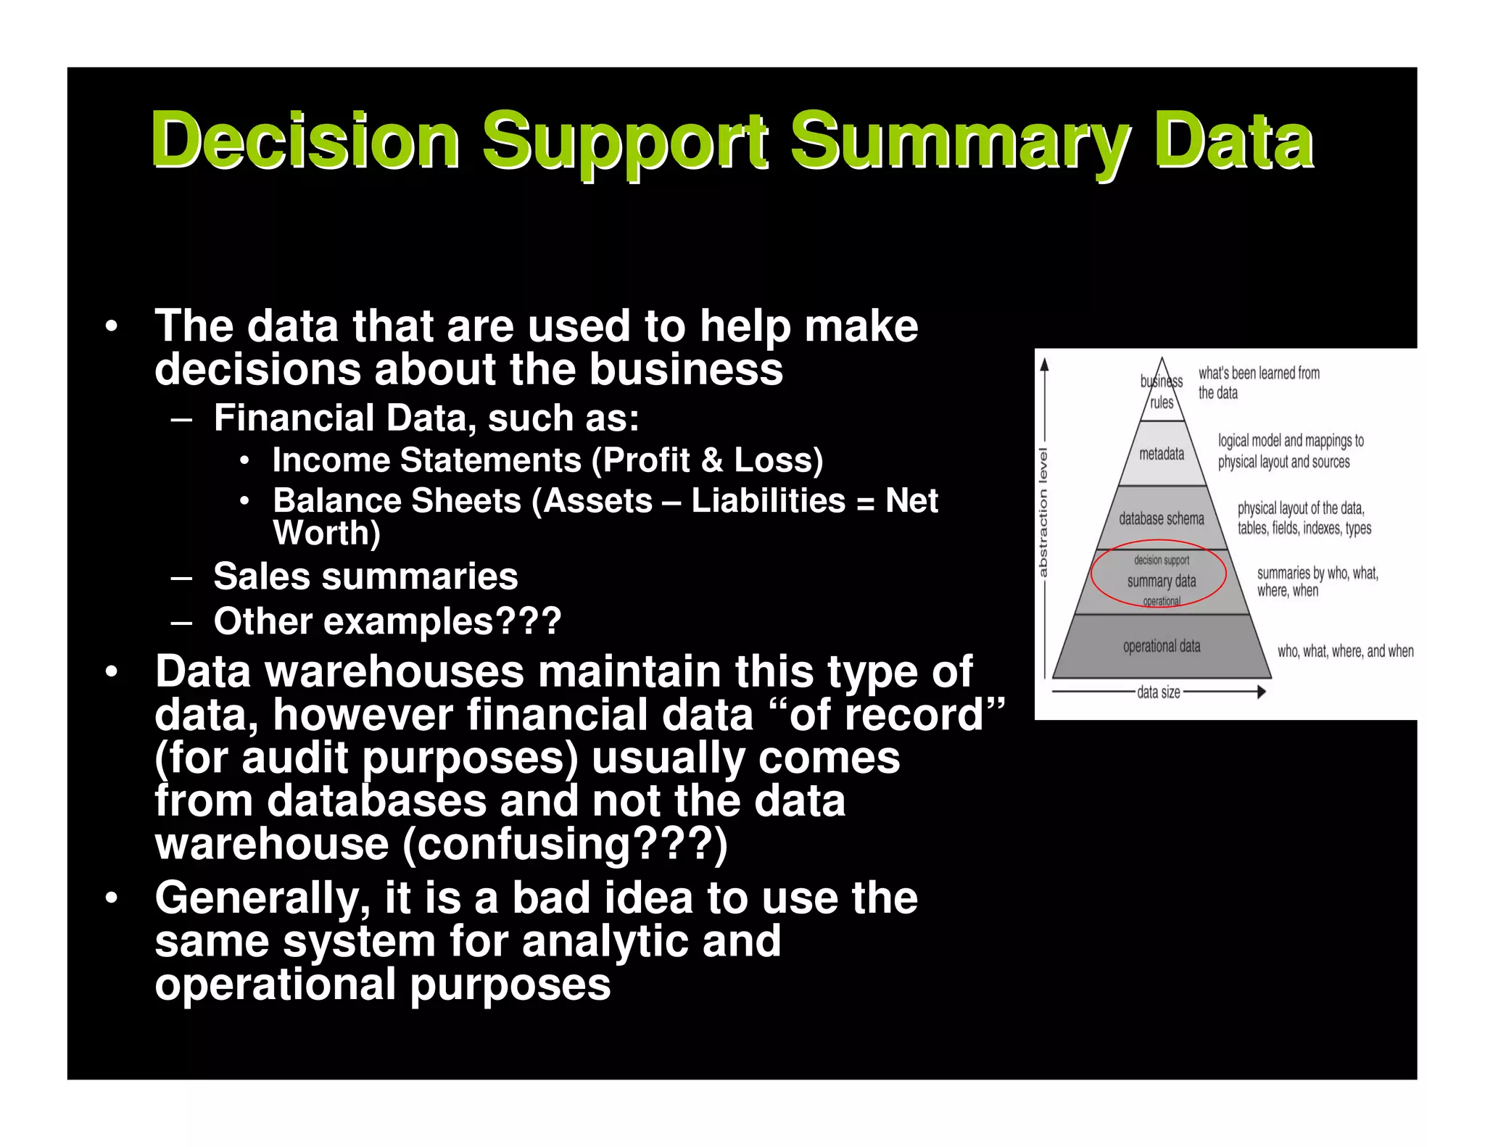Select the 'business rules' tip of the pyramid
pyautogui.click(x=1162, y=392)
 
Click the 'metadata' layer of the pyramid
pyautogui.click(x=1162, y=454)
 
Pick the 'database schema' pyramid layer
pyautogui.click(x=1161, y=518)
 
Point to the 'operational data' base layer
pyautogui.click(x=1162, y=646)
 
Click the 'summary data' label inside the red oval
pyautogui.click(x=1162, y=581)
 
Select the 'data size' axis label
pyautogui.click(x=1158, y=692)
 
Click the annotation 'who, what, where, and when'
pyautogui.click(x=1345, y=651)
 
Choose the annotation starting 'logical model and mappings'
pyautogui.click(x=1290, y=451)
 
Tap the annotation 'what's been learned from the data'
pyautogui.click(x=1258, y=383)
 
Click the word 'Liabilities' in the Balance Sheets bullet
pyautogui.click(x=768, y=500)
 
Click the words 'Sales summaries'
pyautogui.click(x=365, y=577)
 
